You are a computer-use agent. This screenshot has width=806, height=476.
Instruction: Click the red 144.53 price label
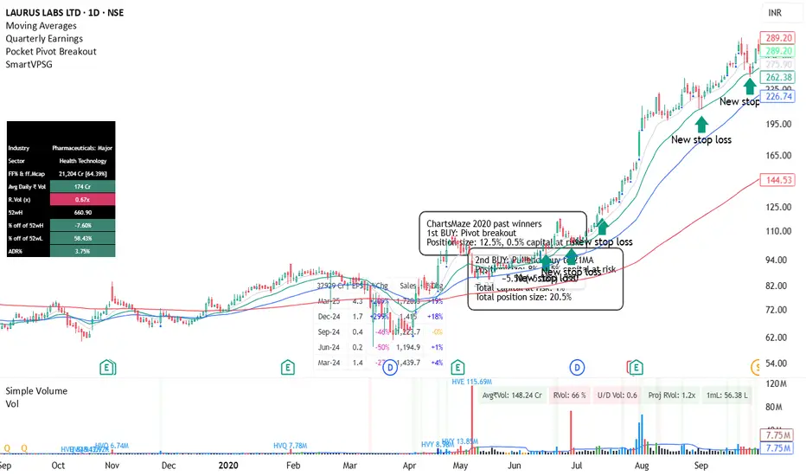(775, 179)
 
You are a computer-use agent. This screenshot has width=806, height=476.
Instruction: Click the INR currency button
(776, 12)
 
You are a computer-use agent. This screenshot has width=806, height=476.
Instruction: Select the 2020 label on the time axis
(228, 466)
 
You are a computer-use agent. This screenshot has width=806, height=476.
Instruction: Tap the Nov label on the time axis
(112, 466)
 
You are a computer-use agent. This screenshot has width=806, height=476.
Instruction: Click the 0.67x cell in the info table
(82, 200)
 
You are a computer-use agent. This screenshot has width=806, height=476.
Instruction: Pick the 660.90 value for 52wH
(82, 213)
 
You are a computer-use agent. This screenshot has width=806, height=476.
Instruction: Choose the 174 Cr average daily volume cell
(82, 187)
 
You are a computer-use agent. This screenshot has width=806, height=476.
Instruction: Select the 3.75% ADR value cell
(82, 252)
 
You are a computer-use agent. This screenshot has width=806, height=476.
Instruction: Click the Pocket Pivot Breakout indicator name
(51, 51)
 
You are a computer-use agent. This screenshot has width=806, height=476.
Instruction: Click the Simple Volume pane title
(35, 391)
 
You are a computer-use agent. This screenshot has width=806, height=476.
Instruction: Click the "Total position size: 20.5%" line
(523, 297)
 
